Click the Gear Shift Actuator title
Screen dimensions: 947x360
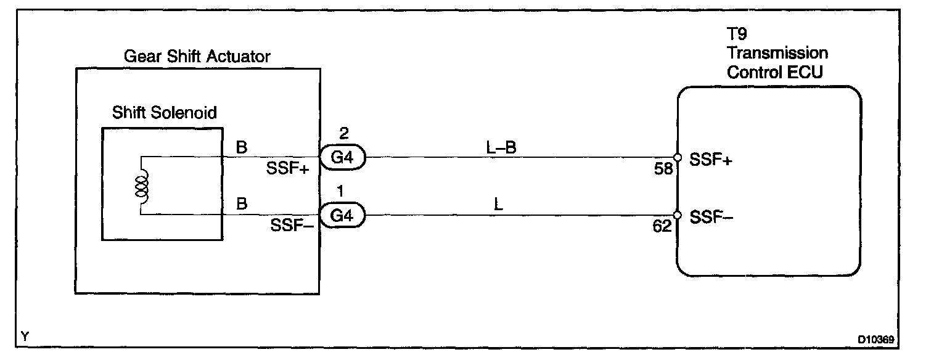pos(197,57)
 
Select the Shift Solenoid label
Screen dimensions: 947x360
pos(165,113)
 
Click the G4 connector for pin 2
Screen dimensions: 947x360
pos(342,157)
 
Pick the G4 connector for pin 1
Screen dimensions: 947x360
pos(342,216)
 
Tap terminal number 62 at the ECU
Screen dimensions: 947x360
pos(662,227)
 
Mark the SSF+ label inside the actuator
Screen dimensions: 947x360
pos(288,168)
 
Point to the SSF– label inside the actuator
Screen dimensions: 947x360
pos(292,226)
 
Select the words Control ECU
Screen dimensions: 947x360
pos(775,72)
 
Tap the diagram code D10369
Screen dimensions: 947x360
pos(876,339)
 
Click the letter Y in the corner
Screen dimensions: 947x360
pos(25,336)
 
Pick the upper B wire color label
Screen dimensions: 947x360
pos(242,147)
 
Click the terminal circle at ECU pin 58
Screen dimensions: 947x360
pos(677,157)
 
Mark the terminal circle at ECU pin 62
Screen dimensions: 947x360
pos(677,216)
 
